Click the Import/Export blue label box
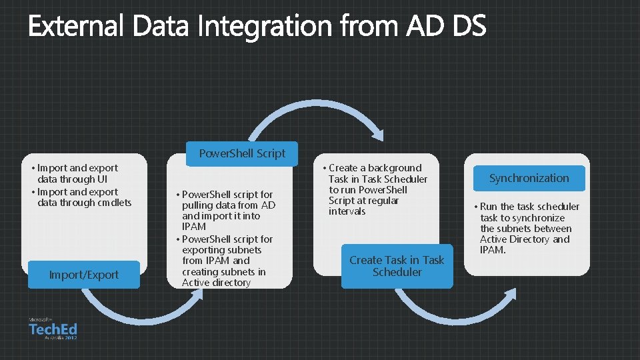(x=84, y=275)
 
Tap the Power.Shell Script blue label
(x=242, y=153)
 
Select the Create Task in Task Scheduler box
(x=397, y=266)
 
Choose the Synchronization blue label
(x=529, y=178)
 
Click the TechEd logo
(x=53, y=329)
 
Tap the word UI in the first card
(x=102, y=179)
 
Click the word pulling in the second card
(x=198, y=205)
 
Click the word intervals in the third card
(x=347, y=211)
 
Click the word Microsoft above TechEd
(x=41, y=320)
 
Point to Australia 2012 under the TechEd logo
(x=61, y=338)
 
